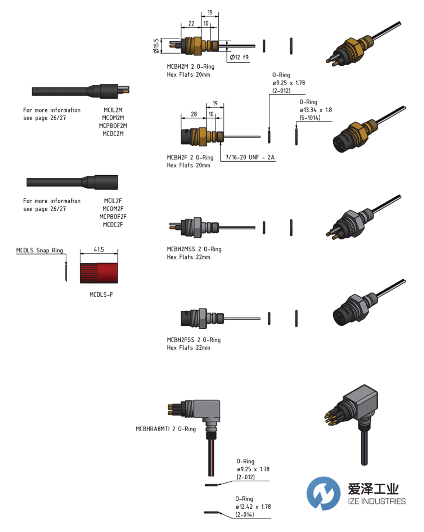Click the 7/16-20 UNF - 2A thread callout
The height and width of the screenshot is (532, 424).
[250, 158]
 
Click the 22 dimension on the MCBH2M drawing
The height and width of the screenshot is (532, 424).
[191, 24]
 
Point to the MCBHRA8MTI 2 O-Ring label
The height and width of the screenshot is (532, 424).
[166, 429]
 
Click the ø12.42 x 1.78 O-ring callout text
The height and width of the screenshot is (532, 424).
[253, 507]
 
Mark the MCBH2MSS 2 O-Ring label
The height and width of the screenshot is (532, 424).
[194, 249]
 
